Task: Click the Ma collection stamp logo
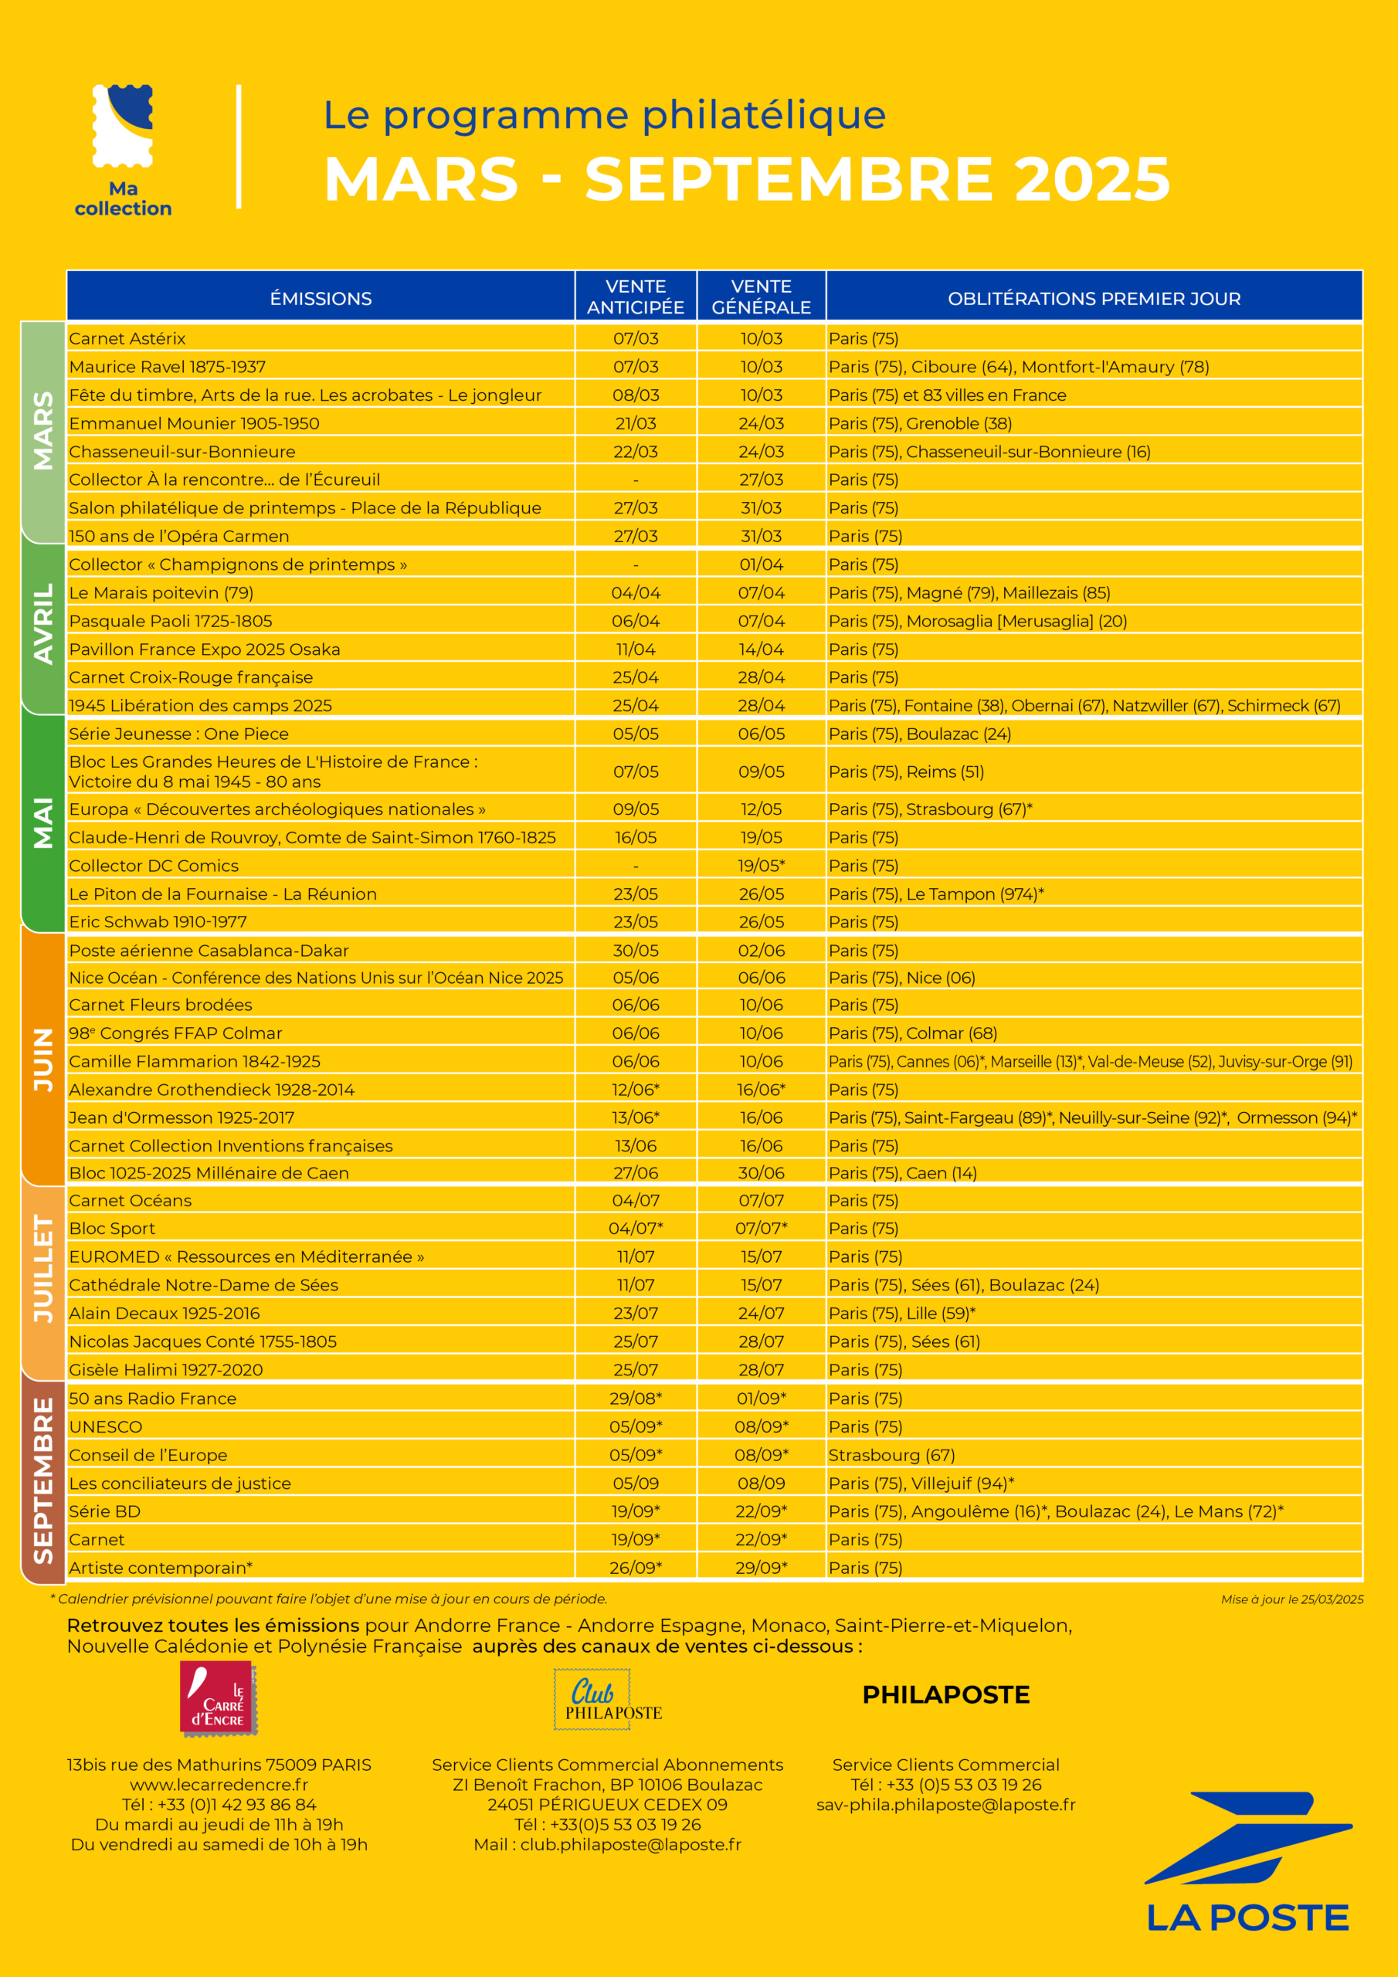(x=123, y=126)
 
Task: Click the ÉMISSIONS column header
(x=321, y=298)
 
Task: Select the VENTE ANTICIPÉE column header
(x=636, y=297)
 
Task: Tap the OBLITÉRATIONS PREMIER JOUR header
(x=1094, y=298)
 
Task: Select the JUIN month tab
(x=43, y=1059)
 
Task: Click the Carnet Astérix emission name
(x=127, y=338)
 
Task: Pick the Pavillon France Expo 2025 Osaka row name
(x=204, y=649)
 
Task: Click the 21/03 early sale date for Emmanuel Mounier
(x=636, y=422)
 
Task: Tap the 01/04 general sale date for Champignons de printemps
(x=762, y=564)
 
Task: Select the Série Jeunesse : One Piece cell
(x=179, y=734)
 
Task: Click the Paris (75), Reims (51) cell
(x=906, y=771)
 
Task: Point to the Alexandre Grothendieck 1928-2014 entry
(x=212, y=1089)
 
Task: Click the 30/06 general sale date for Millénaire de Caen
(x=762, y=1173)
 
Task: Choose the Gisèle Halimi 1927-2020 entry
(x=166, y=1369)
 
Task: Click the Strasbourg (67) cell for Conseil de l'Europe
(x=891, y=1454)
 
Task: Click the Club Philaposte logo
(x=607, y=1699)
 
